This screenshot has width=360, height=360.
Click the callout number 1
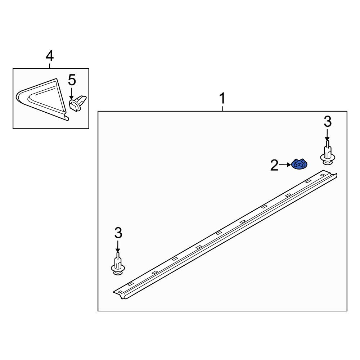click(222, 99)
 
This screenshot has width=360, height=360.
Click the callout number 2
click(274, 165)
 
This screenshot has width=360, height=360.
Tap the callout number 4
click(50, 57)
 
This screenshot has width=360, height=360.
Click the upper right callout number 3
click(328, 122)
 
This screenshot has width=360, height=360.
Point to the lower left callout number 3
click(118, 233)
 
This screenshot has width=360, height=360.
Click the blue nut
click(300, 164)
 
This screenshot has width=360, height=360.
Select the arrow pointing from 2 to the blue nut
click(285, 165)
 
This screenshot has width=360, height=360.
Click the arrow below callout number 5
click(72, 94)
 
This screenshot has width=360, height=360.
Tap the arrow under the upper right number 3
click(327, 135)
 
